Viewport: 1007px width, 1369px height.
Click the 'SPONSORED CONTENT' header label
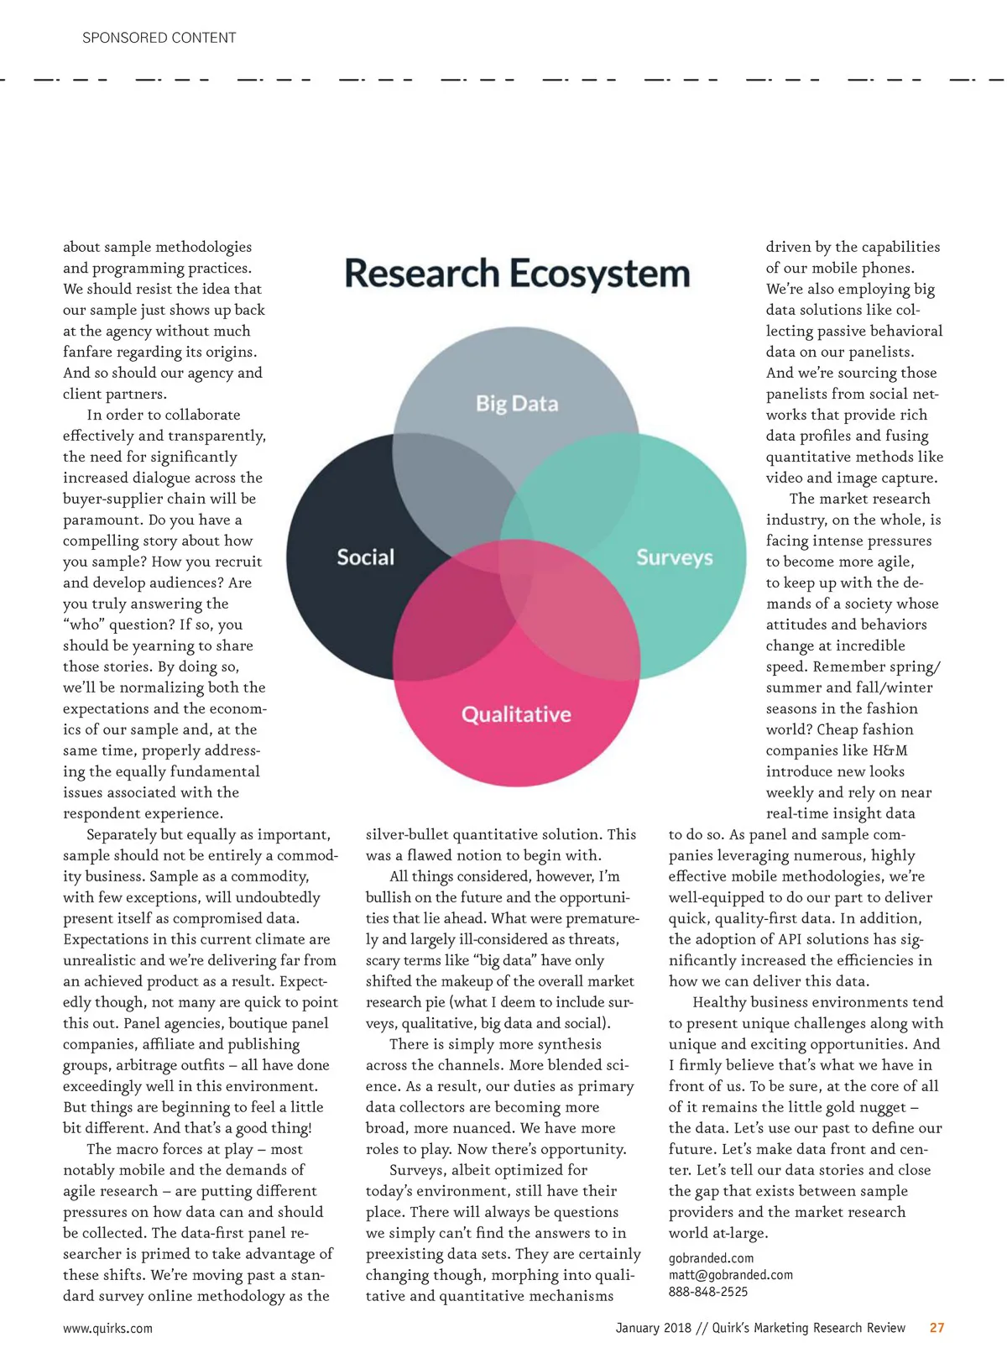pyautogui.click(x=159, y=38)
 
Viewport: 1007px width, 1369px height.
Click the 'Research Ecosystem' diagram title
pyautogui.click(x=517, y=274)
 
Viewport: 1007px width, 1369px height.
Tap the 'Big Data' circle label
pyautogui.click(x=517, y=404)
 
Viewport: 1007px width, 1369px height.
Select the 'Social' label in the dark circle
pyautogui.click(x=365, y=557)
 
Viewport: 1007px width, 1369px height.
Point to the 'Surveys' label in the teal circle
pyautogui.click(x=674, y=557)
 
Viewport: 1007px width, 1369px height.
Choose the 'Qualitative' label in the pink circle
pyautogui.click(x=516, y=714)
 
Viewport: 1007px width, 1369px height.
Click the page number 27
pyautogui.click(x=937, y=1328)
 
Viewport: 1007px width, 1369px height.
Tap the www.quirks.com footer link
pyautogui.click(x=107, y=1328)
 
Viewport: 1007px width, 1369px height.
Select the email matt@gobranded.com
pyautogui.click(x=730, y=1275)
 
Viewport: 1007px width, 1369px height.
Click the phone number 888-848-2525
pyautogui.click(x=707, y=1292)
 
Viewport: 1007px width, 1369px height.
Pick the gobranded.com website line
pyautogui.click(x=711, y=1258)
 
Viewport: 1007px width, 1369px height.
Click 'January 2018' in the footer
pyautogui.click(x=653, y=1328)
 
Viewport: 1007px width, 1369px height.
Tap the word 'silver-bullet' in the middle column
pyautogui.click(x=407, y=834)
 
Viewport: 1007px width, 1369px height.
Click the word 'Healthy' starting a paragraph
pyautogui.click(x=723, y=1002)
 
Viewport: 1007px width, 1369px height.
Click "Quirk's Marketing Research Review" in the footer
pyautogui.click(x=808, y=1328)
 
